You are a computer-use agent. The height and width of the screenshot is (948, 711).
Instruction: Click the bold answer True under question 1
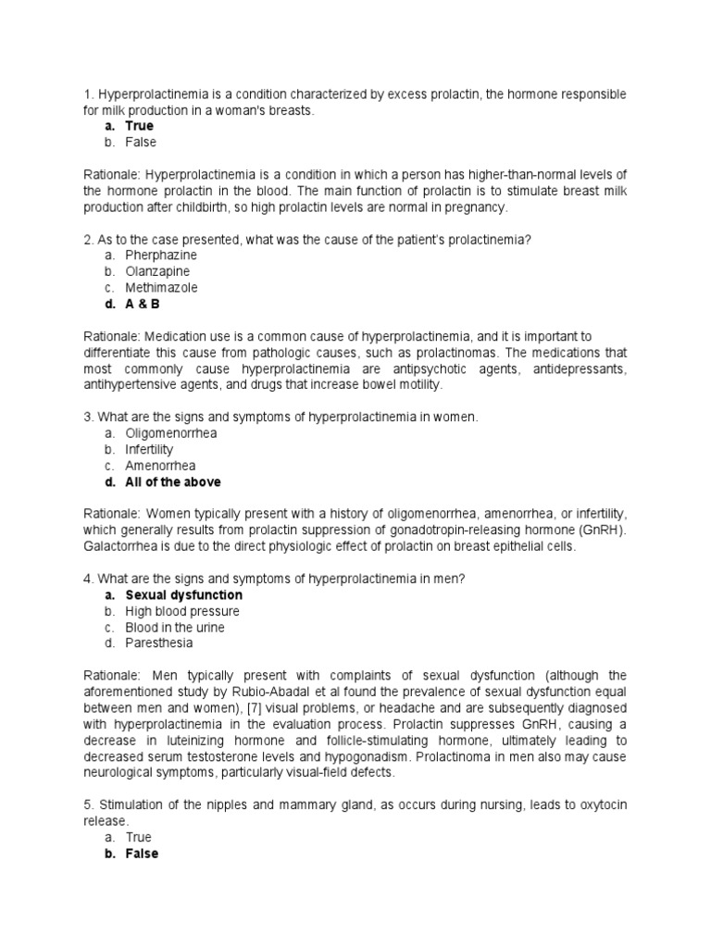139,126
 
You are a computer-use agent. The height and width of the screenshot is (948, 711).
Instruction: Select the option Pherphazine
161,255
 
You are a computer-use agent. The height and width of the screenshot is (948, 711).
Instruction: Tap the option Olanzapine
157,271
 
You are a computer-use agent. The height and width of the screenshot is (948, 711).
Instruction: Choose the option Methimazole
161,287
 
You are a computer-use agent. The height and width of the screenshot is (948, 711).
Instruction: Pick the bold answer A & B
143,304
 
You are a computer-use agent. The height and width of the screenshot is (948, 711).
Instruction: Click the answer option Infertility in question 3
149,449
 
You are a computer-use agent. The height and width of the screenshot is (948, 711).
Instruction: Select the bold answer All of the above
173,482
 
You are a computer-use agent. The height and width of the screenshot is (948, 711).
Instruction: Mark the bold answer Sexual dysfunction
183,595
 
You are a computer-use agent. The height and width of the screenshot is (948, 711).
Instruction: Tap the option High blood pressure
181,611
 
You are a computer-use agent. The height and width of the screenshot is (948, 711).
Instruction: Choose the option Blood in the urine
175,628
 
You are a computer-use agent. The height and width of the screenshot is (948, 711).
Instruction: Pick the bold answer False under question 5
142,854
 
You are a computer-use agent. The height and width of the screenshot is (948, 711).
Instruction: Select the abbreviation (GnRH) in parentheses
602,530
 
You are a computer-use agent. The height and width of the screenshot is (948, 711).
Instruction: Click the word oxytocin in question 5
595,805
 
